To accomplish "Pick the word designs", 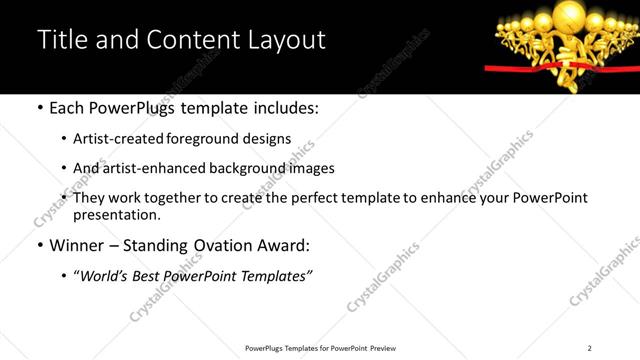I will tap(266, 139).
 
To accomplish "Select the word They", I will tap(90, 198).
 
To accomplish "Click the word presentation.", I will tap(116, 214).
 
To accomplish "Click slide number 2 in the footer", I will tap(589, 348).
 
